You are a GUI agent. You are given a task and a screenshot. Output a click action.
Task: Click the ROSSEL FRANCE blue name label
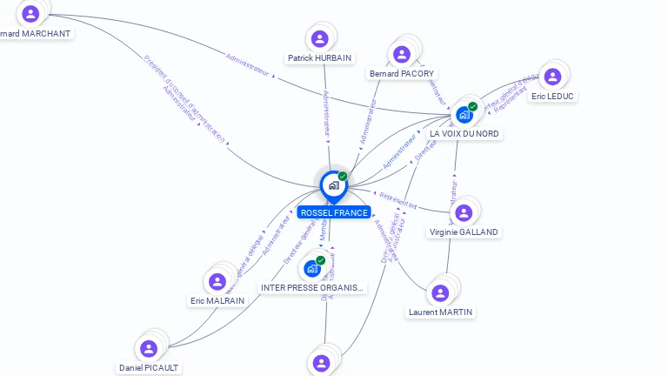click(333, 212)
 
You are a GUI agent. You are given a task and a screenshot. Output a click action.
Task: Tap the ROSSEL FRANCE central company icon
click(333, 185)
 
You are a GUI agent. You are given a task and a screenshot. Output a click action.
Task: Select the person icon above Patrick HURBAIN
click(319, 38)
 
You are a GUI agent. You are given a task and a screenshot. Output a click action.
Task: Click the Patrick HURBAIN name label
click(319, 58)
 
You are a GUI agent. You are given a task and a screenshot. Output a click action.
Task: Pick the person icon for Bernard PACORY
click(401, 54)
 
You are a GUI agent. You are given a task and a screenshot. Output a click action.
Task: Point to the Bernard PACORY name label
click(401, 74)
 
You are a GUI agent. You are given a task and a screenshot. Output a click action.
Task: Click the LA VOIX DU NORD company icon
click(464, 114)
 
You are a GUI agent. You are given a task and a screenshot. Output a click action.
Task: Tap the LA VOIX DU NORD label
click(464, 134)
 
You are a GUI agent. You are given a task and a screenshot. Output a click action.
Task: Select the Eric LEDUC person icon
click(551, 76)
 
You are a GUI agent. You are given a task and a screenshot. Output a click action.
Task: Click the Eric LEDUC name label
click(552, 96)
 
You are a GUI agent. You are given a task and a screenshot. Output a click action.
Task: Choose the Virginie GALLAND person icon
click(464, 212)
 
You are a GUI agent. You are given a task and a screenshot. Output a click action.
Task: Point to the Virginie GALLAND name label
click(464, 232)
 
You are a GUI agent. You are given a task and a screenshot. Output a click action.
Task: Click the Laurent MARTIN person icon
click(441, 292)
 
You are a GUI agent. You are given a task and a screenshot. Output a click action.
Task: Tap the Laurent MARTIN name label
click(441, 312)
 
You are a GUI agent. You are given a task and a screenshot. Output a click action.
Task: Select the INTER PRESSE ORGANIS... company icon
click(312, 268)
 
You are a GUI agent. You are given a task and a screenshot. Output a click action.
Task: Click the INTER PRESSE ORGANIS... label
click(312, 287)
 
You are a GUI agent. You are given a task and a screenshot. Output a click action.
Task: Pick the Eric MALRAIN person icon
click(217, 281)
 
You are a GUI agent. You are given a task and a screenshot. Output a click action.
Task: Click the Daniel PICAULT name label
click(149, 367)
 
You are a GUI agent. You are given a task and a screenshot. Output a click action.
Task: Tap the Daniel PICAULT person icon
click(149, 348)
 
